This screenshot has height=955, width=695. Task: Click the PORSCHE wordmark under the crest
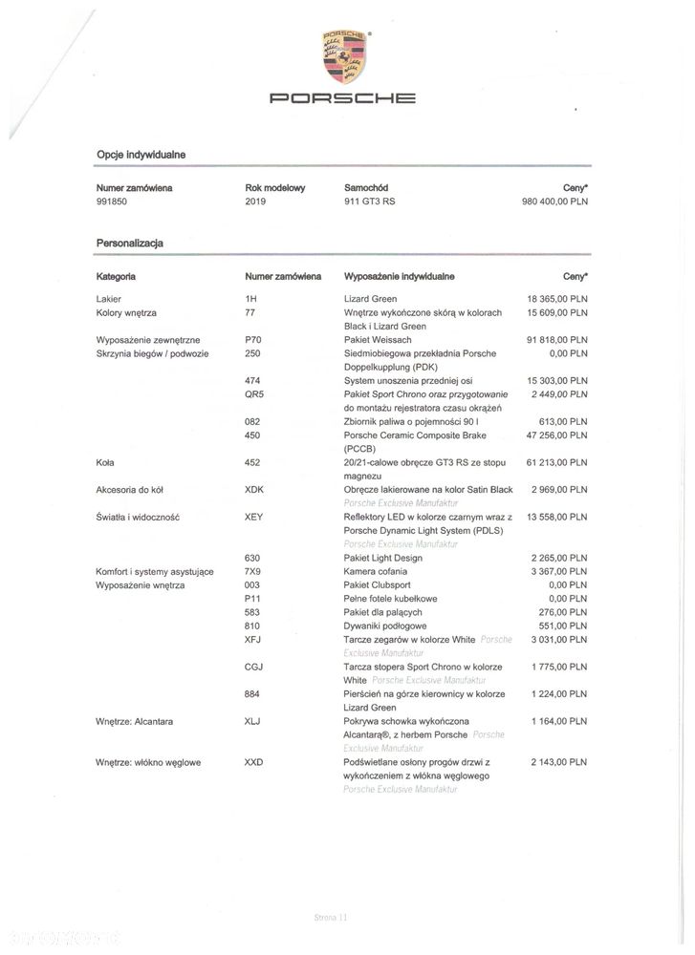341,97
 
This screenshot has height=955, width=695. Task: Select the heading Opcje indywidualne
141,154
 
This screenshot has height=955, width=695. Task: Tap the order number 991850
116,202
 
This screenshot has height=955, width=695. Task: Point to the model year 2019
255,202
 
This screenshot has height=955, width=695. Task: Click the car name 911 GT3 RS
369,202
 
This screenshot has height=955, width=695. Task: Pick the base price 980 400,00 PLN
554,202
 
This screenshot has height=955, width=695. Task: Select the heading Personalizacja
129,244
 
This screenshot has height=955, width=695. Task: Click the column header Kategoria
116,276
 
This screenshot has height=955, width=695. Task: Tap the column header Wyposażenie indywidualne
399,276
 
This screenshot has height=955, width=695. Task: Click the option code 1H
251,299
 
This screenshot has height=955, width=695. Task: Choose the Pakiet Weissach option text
378,339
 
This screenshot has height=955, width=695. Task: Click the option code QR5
254,393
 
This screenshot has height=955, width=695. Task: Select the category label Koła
105,462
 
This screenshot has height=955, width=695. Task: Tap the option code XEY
254,517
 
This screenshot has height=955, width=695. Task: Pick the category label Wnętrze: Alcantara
134,721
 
